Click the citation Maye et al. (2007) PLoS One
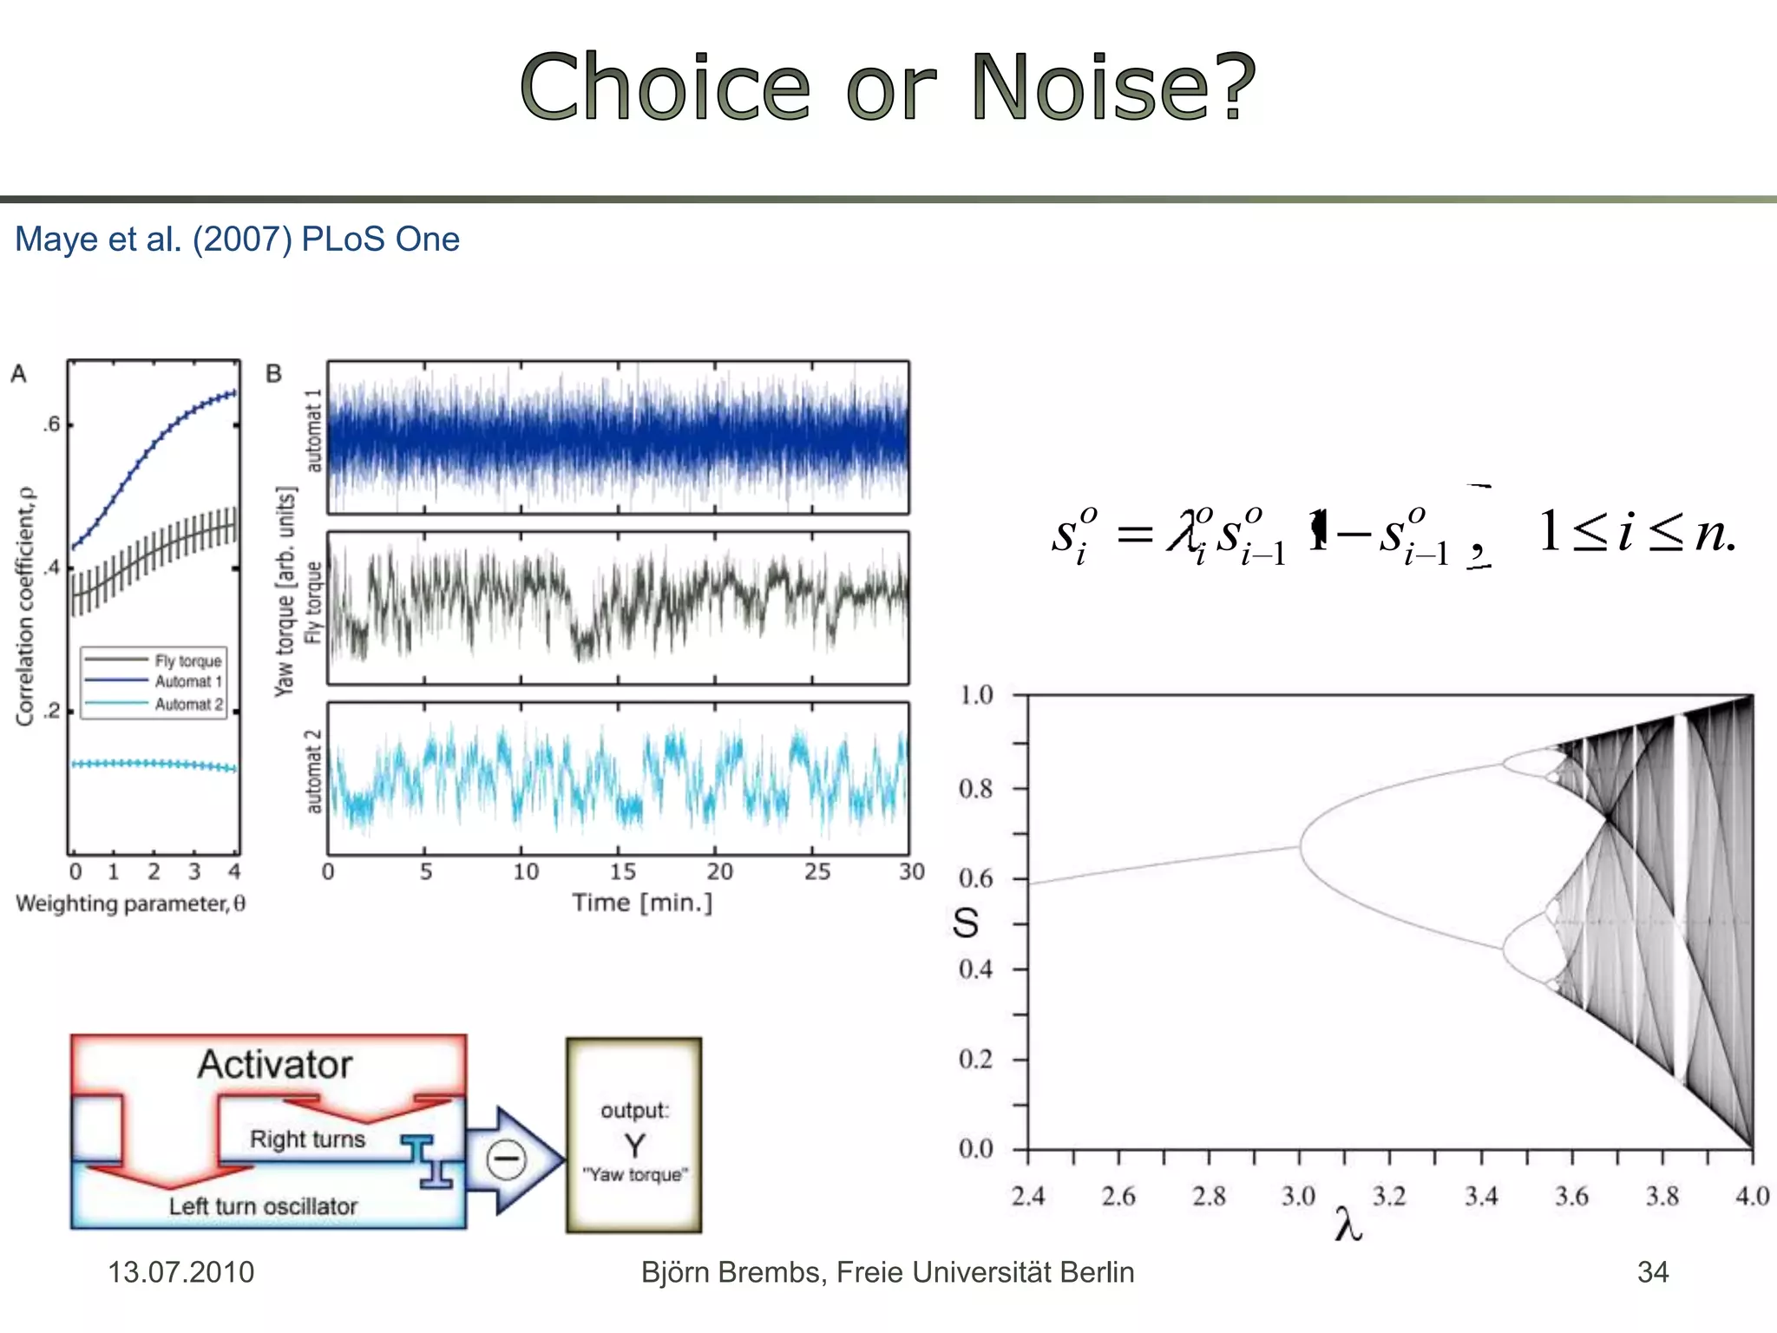(237, 240)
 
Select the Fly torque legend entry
(187, 660)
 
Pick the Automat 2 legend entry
(188, 704)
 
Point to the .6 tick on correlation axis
(53, 424)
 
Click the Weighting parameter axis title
(130, 903)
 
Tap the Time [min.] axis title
(642, 903)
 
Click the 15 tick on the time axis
(622, 871)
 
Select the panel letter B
(273, 374)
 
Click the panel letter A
(18, 374)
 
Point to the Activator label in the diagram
(275, 1065)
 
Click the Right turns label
(307, 1139)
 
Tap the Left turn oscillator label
(263, 1206)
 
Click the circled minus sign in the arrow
(506, 1159)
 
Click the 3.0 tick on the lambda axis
(1298, 1196)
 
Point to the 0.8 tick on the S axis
(976, 789)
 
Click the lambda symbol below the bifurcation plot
(1348, 1225)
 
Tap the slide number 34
(1652, 1272)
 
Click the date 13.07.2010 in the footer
(180, 1272)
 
